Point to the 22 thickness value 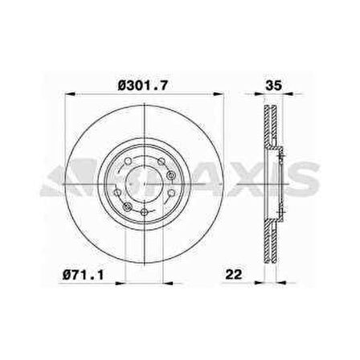point(234,275)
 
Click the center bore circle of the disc point(141,181)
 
